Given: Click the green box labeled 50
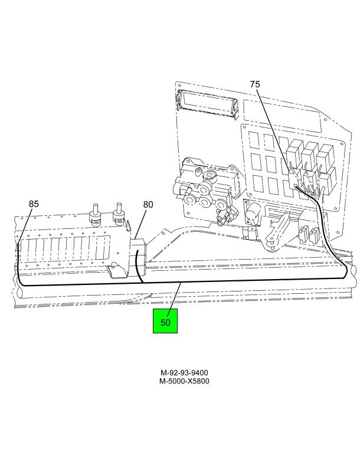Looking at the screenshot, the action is (x=165, y=321).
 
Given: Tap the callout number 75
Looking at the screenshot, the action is (x=255, y=84).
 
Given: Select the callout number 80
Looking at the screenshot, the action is (x=148, y=205).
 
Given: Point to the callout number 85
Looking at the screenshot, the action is (x=34, y=204).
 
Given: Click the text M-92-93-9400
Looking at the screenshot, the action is (x=184, y=372).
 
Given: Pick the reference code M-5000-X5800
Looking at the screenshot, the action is (x=184, y=381).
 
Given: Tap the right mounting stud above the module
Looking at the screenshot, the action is (x=117, y=215).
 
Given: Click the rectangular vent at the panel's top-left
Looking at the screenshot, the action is (x=207, y=104).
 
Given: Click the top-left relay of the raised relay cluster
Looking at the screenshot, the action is (x=294, y=152).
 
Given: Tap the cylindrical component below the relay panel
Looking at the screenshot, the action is (x=253, y=213).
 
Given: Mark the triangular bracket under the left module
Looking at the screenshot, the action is (x=117, y=270).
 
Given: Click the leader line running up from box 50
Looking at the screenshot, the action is (x=174, y=296).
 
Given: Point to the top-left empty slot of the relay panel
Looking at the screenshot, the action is (x=254, y=140).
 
